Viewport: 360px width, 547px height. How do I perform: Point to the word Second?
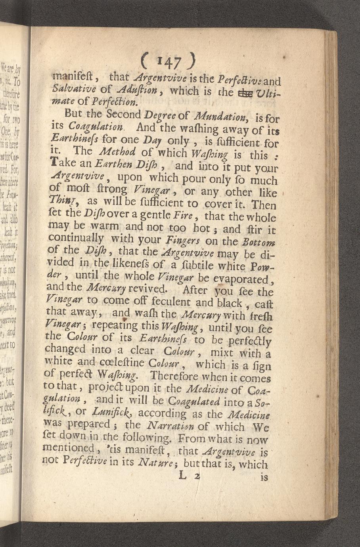coord(123,114)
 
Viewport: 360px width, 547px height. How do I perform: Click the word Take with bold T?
coord(64,163)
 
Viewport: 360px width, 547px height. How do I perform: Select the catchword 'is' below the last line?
coord(264,478)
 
